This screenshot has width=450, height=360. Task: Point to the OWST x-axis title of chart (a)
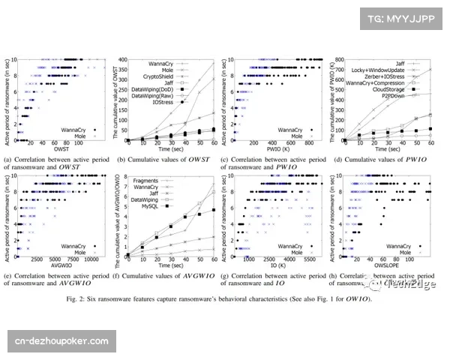pos(55,151)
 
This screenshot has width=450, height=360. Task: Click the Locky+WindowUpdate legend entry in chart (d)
pos(382,69)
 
